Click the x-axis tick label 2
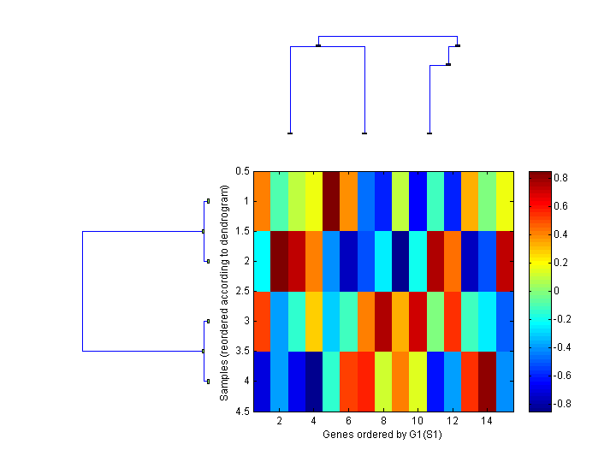(279, 423)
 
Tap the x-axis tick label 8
(382, 423)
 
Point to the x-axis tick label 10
(417, 423)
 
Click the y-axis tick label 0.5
(242, 171)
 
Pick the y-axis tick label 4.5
(242, 412)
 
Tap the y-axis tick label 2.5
(242, 292)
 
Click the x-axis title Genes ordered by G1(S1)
(382, 435)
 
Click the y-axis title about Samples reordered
(224, 292)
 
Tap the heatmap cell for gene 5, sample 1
(331, 201)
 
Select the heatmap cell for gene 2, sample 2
(279, 262)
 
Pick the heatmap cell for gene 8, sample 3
(382, 322)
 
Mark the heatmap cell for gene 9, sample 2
(400, 262)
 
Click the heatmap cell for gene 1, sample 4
(262, 382)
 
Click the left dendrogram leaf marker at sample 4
(208, 382)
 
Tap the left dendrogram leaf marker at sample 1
(208, 201)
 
